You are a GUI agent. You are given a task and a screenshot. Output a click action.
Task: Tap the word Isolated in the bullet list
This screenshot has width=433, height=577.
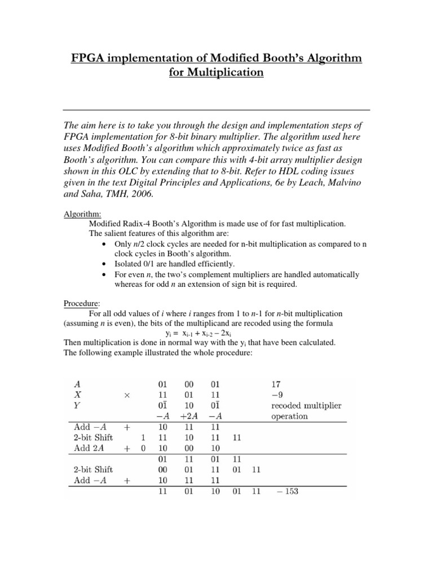(130, 264)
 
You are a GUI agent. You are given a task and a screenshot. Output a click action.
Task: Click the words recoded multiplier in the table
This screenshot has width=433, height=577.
(306, 406)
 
